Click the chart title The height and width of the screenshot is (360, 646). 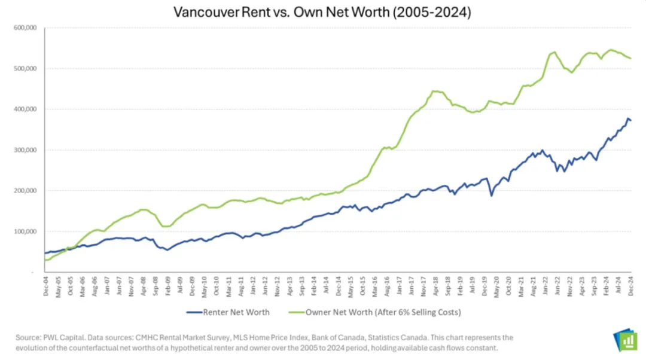(322, 12)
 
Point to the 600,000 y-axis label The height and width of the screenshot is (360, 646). (25, 28)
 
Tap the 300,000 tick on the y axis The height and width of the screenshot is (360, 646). (25, 150)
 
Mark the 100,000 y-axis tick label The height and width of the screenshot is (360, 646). (25, 231)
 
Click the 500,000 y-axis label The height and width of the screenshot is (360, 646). (25, 68)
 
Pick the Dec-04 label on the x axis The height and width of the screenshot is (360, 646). (45, 288)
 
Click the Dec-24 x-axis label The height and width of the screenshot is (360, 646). (631, 288)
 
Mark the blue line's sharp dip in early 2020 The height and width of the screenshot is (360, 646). (491, 196)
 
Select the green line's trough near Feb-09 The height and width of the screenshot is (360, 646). (167, 226)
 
